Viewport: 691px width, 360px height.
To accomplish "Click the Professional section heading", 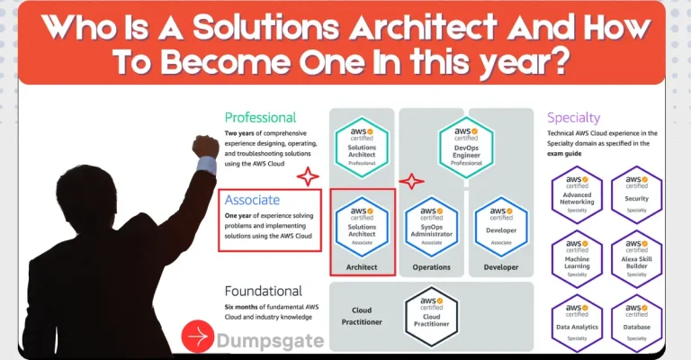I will coord(260,117).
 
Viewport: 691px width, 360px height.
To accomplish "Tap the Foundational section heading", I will coord(263,292).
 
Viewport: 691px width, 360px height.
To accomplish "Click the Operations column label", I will coord(431,267).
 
